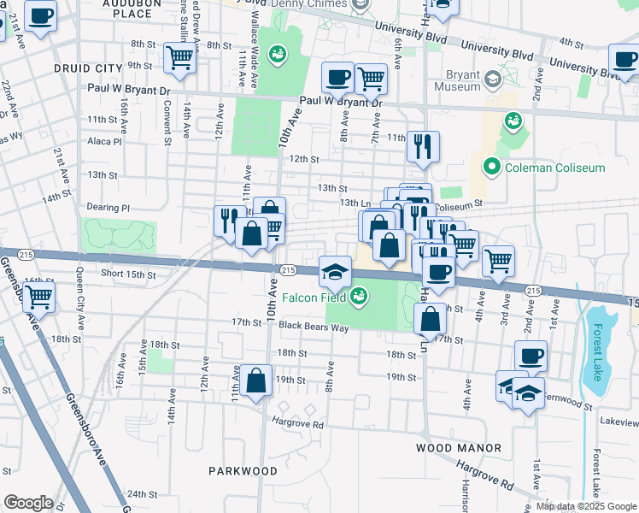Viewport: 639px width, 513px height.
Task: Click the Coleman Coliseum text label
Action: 554,168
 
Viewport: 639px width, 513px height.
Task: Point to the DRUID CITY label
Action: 88,68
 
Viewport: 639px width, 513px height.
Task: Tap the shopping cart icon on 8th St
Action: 180,58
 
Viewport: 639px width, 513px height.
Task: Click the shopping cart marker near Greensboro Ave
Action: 39,298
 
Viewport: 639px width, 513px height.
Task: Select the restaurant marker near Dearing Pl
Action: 229,220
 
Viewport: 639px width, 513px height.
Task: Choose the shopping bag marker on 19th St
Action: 256,380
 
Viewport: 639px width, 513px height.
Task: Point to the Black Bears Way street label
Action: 313,326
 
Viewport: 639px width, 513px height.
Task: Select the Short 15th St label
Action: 128,274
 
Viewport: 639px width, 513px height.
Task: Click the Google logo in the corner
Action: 28,503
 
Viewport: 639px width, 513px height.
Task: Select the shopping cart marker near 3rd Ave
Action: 497,261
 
